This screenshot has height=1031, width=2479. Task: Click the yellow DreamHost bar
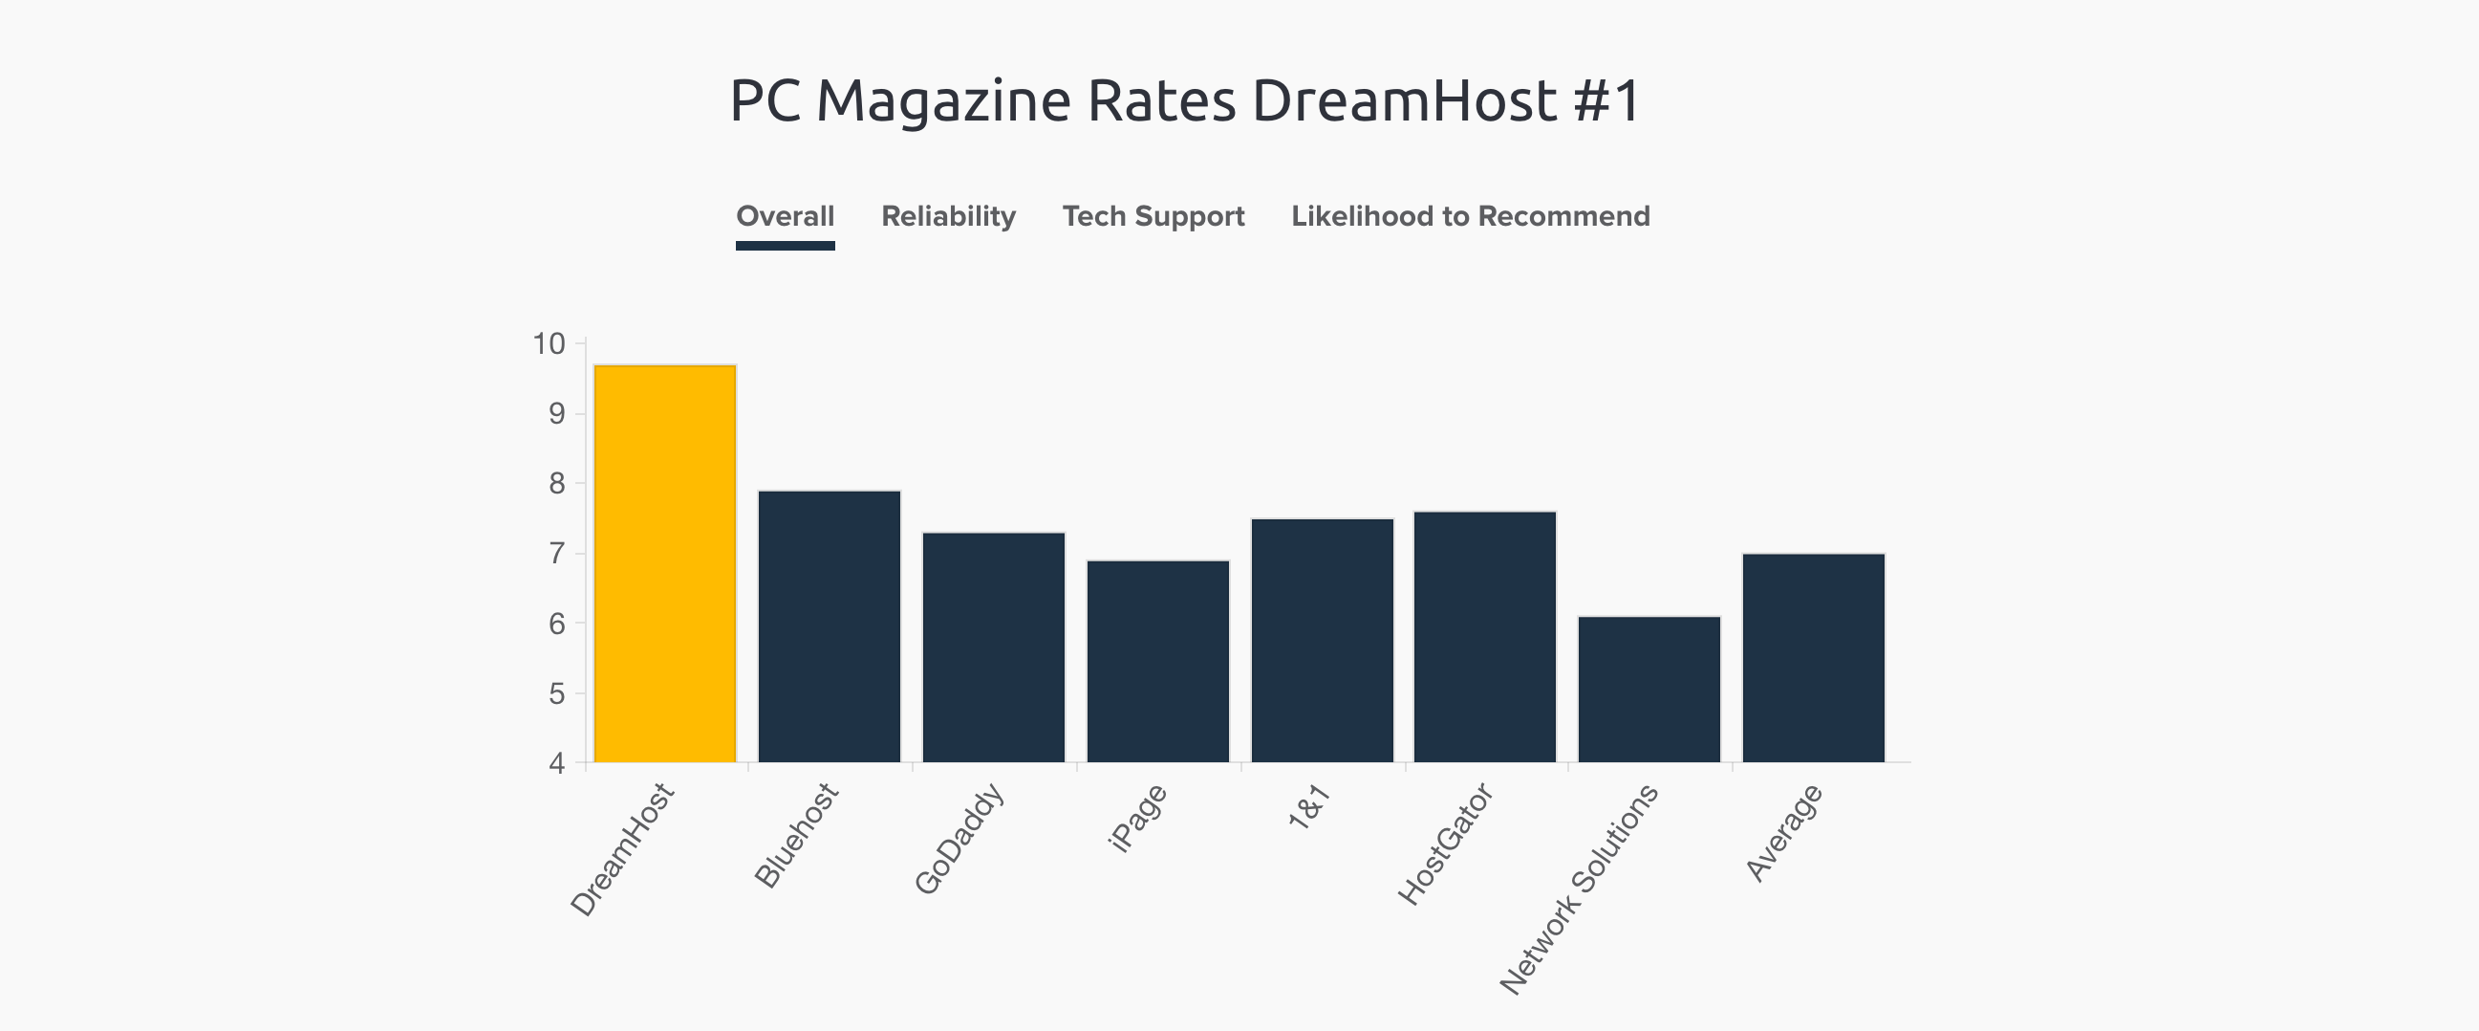click(x=665, y=564)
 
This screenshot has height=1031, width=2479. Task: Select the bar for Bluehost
click(x=829, y=626)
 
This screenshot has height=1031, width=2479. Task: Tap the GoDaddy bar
click(x=993, y=647)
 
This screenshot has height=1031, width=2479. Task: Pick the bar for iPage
click(x=1157, y=661)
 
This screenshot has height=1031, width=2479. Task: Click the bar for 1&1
click(x=1323, y=640)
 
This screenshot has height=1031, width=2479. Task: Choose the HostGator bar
click(x=1485, y=637)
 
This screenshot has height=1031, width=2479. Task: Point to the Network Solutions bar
click(x=1649, y=690)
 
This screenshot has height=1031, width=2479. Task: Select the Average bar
click(x=1813, y=658)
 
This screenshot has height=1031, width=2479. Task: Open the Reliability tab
click(x=948, y=216)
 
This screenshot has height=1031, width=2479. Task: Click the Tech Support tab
click(x=1153, y=216)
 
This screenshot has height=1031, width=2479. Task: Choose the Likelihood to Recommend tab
click(x=1470, y=216)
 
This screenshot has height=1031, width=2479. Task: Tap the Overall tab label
click(x=785, y=216)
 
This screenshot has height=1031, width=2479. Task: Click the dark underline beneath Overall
click(x=785, y=246)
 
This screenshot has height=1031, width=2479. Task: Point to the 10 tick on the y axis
click(x=550, y=343)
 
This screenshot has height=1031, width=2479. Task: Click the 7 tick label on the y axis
click(x=557, y=554)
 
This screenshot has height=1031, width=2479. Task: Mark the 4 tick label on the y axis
click(x=557, y=764)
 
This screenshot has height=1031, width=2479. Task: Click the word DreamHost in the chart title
click(x=1404, y=101)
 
